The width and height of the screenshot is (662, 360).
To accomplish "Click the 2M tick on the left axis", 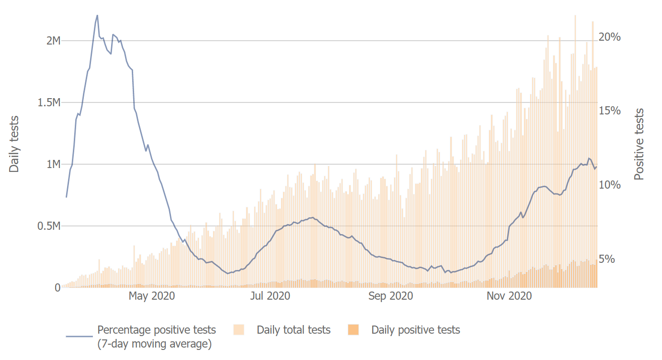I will [x=53, y=41].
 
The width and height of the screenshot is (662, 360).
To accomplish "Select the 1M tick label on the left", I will [x=53, y=164].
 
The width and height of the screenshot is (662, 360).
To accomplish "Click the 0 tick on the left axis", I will [x=57, y=288].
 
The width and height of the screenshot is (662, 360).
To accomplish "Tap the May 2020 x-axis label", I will [x=152, y=296].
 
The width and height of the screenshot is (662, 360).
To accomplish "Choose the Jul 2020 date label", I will [x=270, y=296].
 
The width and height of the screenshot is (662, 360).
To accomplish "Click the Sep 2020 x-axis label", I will [x=391, y=296].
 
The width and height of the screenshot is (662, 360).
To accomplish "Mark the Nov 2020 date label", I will [x=509, y=296].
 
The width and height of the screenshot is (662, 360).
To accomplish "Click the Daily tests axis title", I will [x=14, y=144].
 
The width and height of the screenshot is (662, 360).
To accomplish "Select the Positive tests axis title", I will [x=639, y=144].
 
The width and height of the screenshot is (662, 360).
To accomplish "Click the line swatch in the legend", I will [x=79, y=336].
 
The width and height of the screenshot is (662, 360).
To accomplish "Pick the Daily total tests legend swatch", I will [x=239, y=330].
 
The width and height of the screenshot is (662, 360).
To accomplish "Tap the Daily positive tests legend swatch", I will [x=353, y=330].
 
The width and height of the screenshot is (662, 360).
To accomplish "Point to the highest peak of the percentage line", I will [x=97, y=15].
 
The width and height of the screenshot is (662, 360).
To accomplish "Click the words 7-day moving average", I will [x=154, y=344].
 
